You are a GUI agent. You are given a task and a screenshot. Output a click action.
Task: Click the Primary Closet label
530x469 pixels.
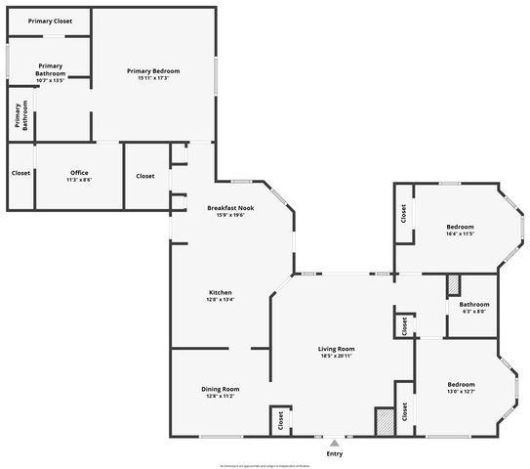(50, 21)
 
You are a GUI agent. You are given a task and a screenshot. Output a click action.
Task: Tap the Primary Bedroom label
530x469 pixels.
(153, 71)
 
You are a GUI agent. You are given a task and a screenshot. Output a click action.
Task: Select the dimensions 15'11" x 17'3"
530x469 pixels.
(153, 78)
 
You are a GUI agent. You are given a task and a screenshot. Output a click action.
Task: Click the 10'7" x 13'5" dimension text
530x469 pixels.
(50, 80)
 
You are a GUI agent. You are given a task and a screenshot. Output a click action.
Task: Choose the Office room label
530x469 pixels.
(78, 173)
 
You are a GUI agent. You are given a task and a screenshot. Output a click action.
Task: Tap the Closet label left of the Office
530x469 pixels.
(20, 173)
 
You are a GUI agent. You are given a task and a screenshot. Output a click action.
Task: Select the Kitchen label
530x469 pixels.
(221, 293)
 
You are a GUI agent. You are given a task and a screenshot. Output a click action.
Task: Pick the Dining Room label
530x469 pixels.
(221, 389)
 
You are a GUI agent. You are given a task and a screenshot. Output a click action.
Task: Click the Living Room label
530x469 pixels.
(336, 349)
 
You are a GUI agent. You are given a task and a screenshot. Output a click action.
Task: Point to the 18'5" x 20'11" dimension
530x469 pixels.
(336, 357)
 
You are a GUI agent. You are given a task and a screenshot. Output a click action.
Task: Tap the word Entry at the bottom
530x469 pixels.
(335, 453)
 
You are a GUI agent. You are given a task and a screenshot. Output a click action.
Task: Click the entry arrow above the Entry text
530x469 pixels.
(335, 442)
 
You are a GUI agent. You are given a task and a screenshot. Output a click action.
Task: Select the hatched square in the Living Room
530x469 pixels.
(384, 420)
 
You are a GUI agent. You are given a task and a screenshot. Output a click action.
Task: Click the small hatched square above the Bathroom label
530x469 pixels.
(453, 285)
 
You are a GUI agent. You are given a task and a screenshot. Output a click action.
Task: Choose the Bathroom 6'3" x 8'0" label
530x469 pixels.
(473, 305)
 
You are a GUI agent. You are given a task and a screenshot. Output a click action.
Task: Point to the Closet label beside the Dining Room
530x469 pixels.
(280, 420)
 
